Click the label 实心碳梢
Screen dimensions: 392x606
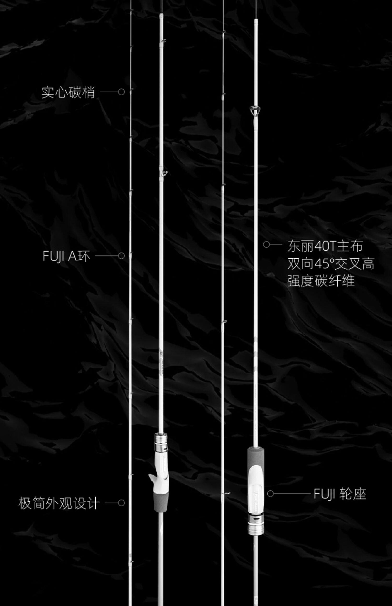[x=68, y=92]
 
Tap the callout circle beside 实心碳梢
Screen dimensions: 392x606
[x=121, y=92]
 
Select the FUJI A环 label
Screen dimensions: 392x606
[x=66, y=256]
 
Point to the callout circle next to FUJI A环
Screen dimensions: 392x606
[x=121, y=256]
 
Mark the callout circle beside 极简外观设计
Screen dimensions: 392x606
[x=121, y=503]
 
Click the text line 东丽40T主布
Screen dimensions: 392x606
[x=325, y=246]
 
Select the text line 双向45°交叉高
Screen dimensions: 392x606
[x=331, y=264]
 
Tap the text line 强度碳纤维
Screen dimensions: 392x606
[x=321, y=281]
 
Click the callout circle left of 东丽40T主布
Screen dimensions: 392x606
[x=266, y=245]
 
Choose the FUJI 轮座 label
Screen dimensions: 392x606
[x=340, y=494]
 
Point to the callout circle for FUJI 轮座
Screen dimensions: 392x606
[x=270, y=494]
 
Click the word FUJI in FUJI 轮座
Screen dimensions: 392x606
[x=324, y=494]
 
